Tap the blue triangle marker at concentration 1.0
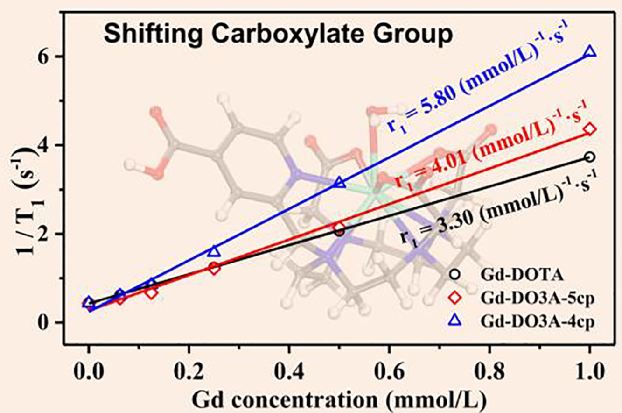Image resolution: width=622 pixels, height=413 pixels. point(590,51)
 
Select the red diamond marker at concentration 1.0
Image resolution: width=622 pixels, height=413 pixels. point(590,129)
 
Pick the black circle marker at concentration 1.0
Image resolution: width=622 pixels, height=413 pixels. point(590,157)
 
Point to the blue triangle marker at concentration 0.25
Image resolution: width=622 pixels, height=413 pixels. point(214,251)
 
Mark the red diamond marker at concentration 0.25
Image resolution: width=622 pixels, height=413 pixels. point(214,268)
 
